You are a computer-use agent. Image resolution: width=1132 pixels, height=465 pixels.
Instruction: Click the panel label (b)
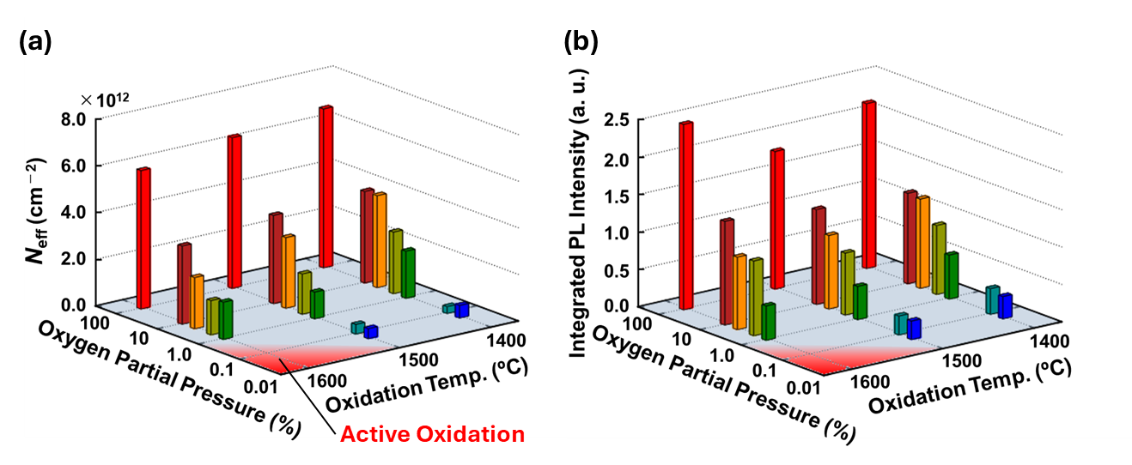pos(581,41)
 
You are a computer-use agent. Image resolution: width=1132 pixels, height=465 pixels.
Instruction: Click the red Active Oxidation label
pos(432,434)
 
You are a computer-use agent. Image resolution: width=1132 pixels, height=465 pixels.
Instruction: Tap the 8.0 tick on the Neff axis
pos(74,119)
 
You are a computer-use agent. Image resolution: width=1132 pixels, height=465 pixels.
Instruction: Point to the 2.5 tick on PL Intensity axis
pos(618,119)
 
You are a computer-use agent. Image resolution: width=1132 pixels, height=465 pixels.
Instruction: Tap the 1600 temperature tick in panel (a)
pos(326,380)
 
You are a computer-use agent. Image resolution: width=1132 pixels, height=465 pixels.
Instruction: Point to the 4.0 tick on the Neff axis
pos(74,212)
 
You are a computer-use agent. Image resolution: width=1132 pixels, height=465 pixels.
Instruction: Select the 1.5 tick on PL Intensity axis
pos(618,195)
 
